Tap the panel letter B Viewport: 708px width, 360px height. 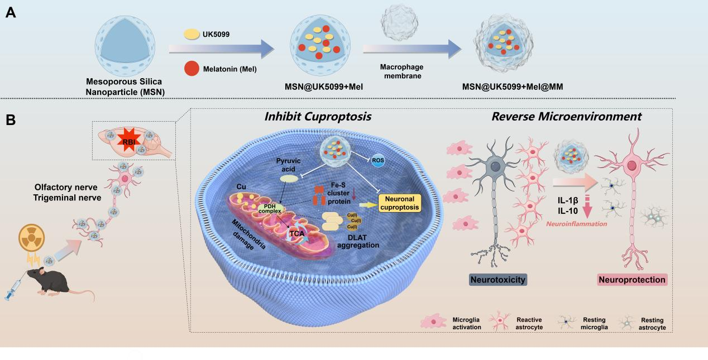pyautogui.click(x=11, y=120)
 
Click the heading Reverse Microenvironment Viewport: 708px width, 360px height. pyautogui.click(x=566, y=117)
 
